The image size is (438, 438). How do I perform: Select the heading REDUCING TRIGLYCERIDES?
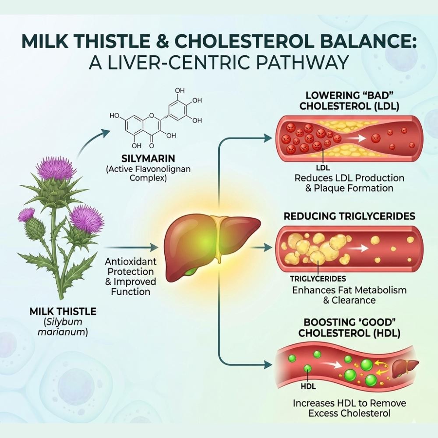click(350, 216)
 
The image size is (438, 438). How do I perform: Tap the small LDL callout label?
click(322, 167)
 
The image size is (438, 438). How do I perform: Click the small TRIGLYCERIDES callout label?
click(318, 279)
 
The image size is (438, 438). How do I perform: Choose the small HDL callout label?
click(308, 387)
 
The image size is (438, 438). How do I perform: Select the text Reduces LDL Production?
click(349, 178)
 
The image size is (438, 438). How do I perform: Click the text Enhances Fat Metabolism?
click(349, 290)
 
